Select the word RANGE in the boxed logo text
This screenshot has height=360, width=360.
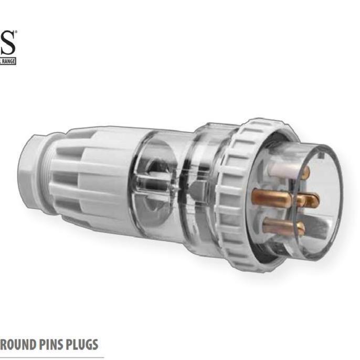[8, 61]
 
